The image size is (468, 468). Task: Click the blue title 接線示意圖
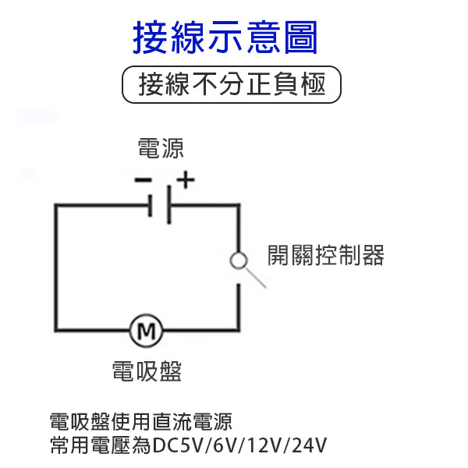pyautogui.click(x=226, y=37)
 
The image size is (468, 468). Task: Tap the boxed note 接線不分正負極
pyautogui.click(x=233, y=85)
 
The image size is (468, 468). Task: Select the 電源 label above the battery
pyautogui.click(x=161, y=148)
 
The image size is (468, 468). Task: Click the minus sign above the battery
pyautogui.click(x=143, y=180)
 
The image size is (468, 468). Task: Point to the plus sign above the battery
pyautogui.click(x=185, y=180)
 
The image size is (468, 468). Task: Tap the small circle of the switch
pyautogui.click(x=239, y=260)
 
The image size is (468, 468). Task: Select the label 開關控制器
pyautogui.click(x=326, y=255)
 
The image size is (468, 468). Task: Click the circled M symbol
pyautogui.click(x=146, y=331)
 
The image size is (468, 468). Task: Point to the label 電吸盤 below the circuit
pyautogui.click(x=147, y=370)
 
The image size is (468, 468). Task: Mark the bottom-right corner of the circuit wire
pyautogui.click(x=239, y=331)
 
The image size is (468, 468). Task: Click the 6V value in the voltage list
pyautogui.click(x=225, y=446)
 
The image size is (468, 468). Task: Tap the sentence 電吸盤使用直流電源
pyautogui.click(x=140, y=423)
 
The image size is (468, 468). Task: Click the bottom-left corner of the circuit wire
pyautogui.click(x=55, y=331)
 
